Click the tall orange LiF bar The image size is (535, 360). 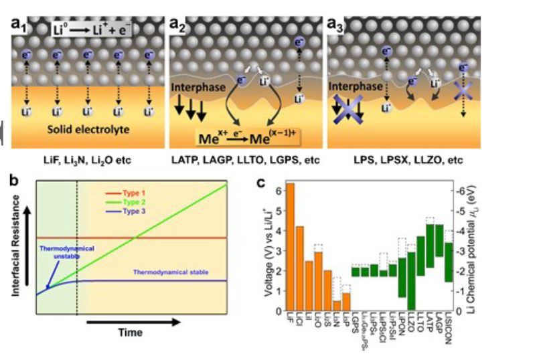[x=290, y=248]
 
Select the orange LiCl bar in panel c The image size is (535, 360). [x=299, y=269]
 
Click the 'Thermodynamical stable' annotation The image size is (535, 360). [x=168, y=272]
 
